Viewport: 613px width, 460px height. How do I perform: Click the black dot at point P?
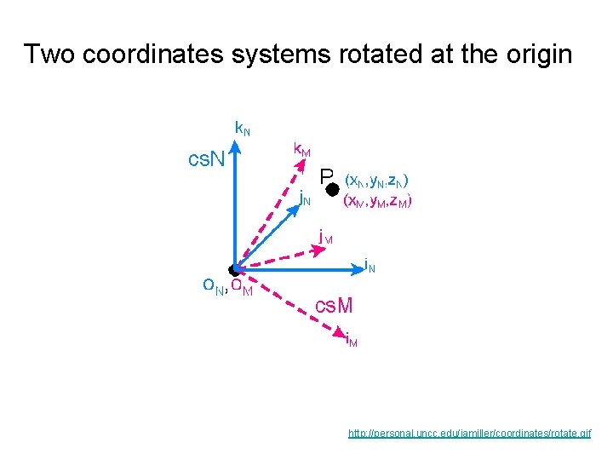[333, 188]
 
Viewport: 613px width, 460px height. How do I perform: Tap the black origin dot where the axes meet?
[235, 270]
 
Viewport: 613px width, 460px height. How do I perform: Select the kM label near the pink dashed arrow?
[301, 149]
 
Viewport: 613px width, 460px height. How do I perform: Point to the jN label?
[305, 199]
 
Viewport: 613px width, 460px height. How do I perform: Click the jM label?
[324, 236]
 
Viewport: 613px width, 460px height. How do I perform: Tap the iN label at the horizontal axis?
[370, 265]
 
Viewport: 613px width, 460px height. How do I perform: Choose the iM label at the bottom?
[352, 341]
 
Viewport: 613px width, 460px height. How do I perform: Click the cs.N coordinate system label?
[207, 158]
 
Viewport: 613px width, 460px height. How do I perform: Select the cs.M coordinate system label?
[334, 305]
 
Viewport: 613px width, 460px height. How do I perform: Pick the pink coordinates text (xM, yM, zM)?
[377, 202]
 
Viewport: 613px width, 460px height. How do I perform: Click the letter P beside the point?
[326, 176]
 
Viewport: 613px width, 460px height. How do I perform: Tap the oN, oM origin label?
[227, 287]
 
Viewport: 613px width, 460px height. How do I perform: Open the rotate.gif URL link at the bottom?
[469, 434]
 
